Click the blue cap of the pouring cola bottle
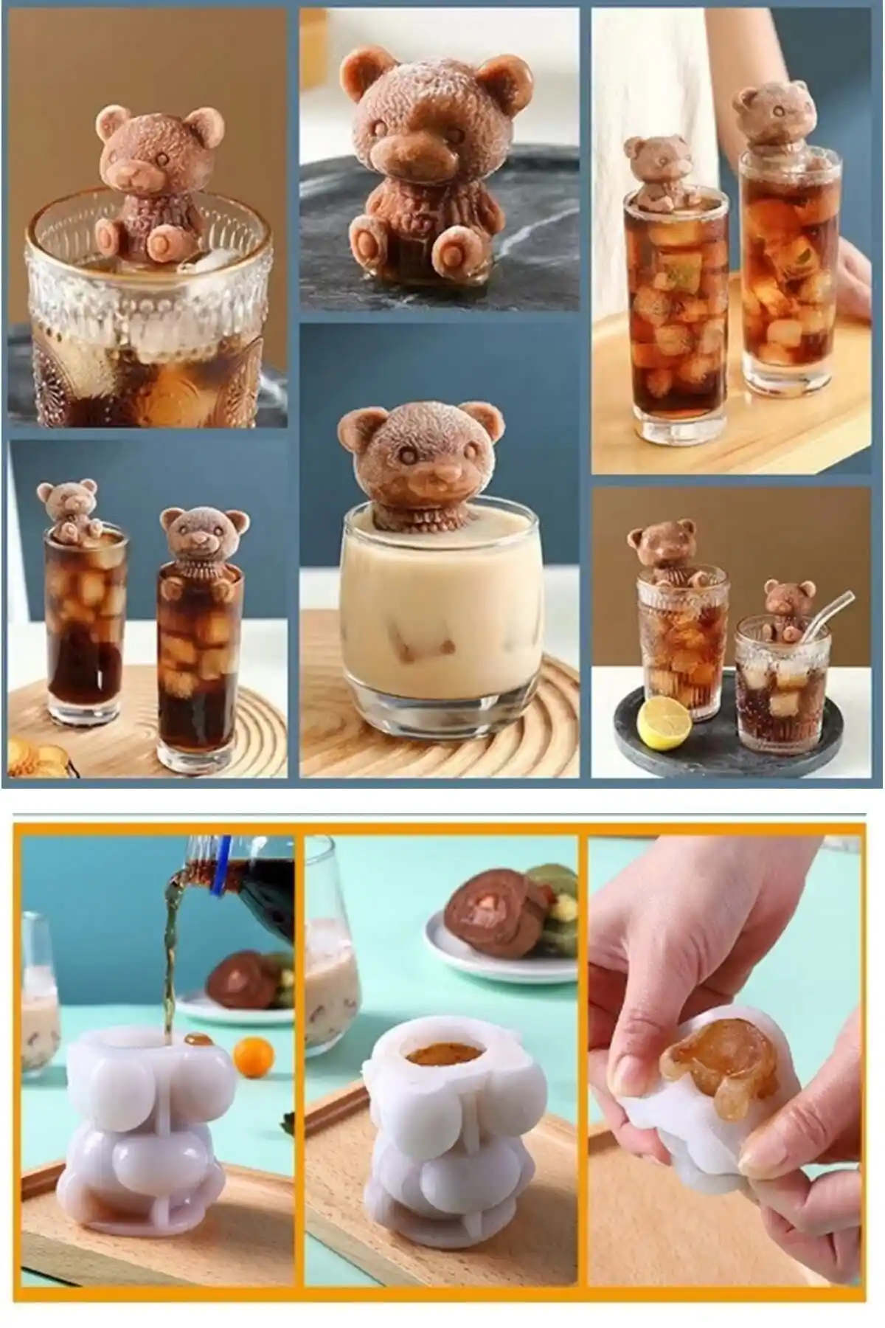coord(219,889)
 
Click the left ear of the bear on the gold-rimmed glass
coord(111,120)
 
